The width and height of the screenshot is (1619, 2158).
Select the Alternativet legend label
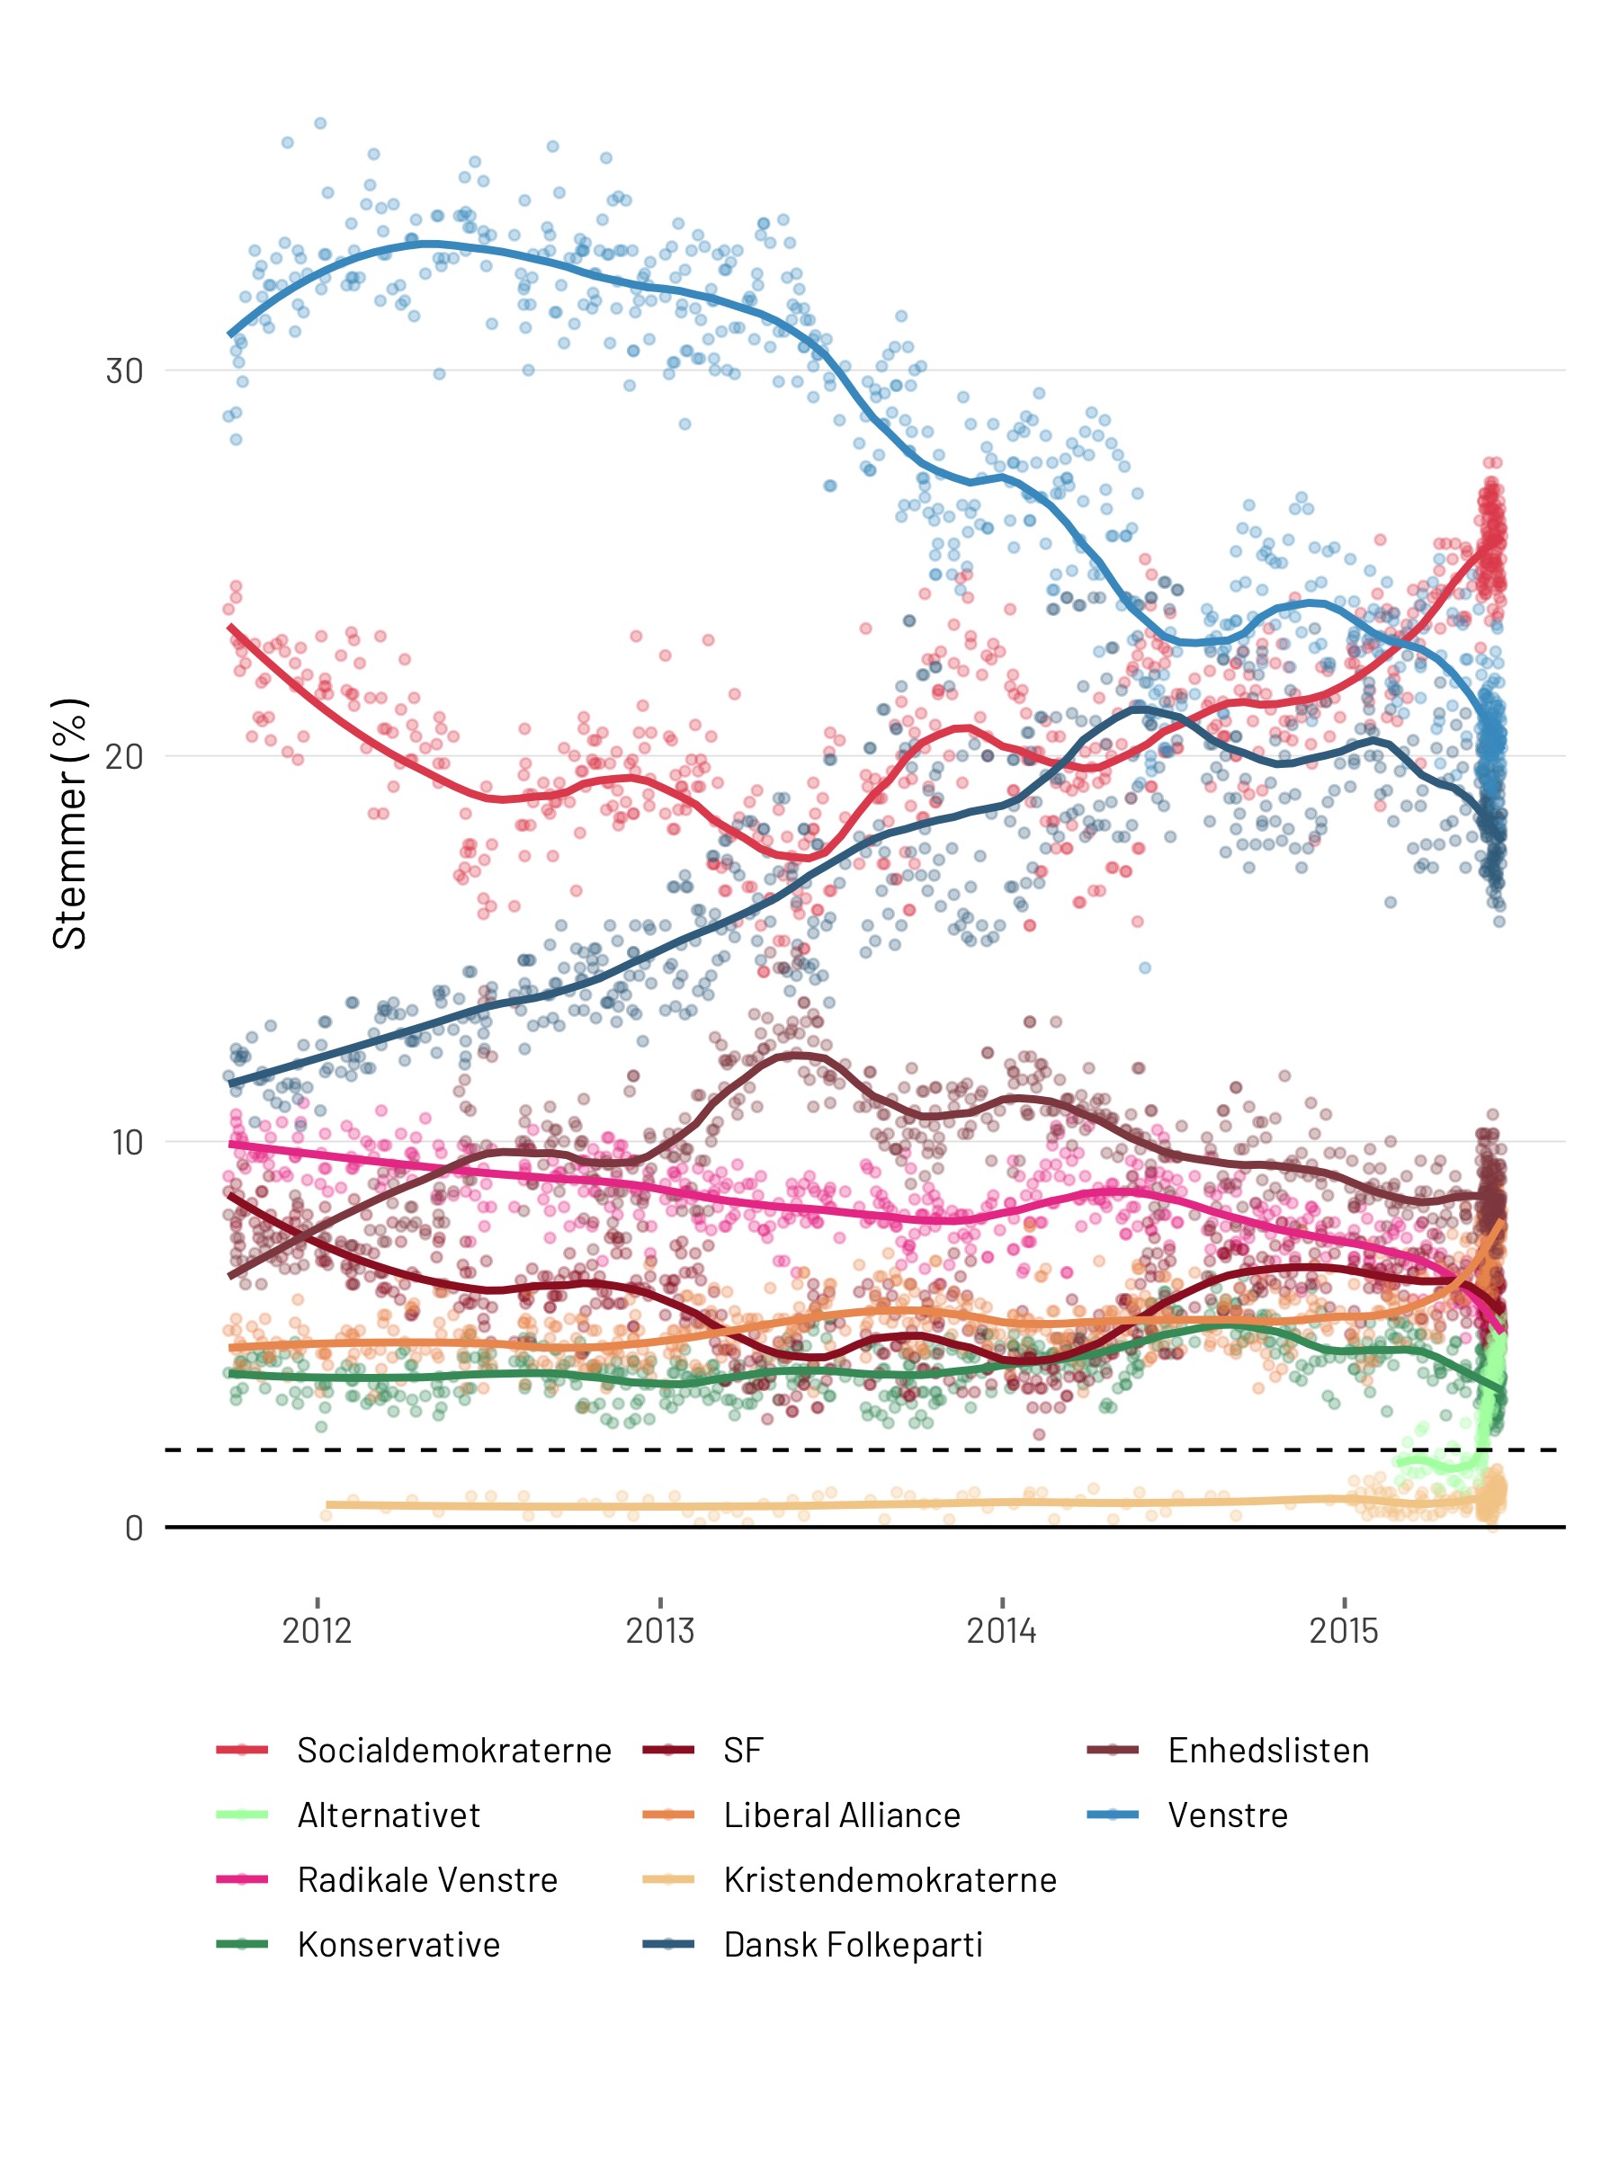click(x=389, y=1815)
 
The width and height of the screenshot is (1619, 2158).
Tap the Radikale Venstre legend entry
click(x=427, y=1880)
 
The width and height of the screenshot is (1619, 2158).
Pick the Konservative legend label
click(x=398, y=1945)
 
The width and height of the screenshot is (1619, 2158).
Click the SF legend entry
click(x=743, y=1752)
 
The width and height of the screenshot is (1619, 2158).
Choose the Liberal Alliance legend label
click(x=842, y=1815)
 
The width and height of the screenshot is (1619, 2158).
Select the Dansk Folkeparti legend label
click(x=853, y=1945)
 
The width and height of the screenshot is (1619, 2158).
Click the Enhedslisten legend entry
click(x=1267, y=1752)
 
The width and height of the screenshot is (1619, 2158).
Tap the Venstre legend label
click(x=1228, y=1815)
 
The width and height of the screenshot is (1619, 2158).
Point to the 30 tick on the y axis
click(x=125, y=371)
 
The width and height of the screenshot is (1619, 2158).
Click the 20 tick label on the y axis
click(x=125, y=757)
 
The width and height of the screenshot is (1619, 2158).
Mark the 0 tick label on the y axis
click(x=135, y=1528)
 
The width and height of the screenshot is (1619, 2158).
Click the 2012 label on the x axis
click(x=318, y=1631)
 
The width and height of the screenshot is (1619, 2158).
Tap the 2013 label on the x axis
click(x=659, y=1631)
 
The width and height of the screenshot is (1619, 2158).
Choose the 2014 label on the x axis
click(x=1001, y=1631)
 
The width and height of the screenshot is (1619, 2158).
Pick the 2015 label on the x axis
click(x=1344, y=1631)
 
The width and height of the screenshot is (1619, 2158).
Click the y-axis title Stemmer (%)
click(x=70, y=825)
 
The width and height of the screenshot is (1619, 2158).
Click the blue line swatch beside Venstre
click(x=1113, y=1815)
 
